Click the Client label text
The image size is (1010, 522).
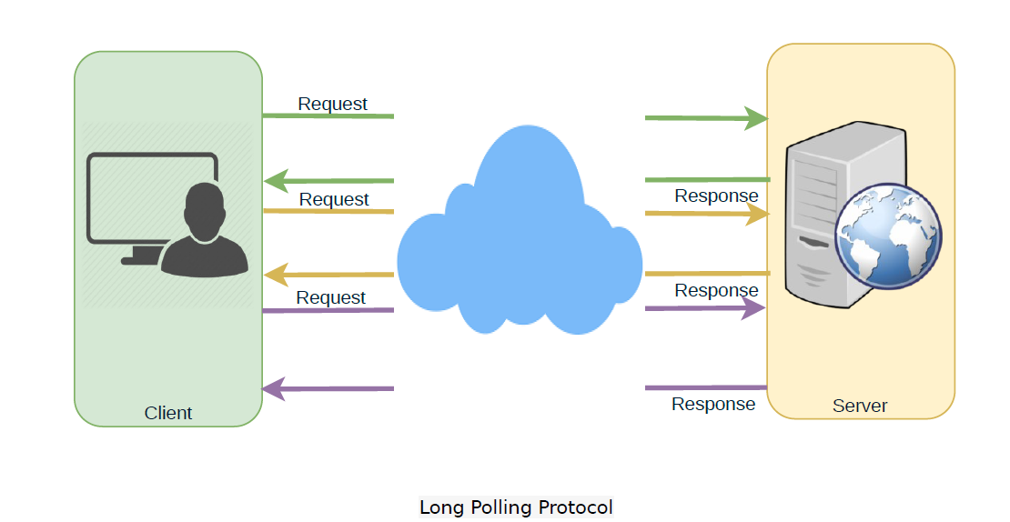click(x=168, y=413)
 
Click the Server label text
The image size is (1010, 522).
click(x=860, y=406)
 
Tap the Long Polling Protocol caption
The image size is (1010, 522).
click(x=516, y=507)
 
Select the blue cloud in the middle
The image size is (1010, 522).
click(x=519, y=246)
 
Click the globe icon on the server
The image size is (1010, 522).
click(x=889, y=236)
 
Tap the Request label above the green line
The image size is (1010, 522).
click(x=333, y=104)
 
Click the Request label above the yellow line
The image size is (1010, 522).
click(x=334, y=199)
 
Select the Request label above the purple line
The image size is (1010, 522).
click(x=331, y=297)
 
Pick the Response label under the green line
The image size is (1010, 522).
click(x=716, y=196)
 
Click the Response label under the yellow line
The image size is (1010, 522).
click(x=716, y=290)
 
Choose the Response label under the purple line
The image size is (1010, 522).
click(x=713, y=404)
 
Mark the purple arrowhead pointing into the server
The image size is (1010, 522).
click(x=754, y=309)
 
